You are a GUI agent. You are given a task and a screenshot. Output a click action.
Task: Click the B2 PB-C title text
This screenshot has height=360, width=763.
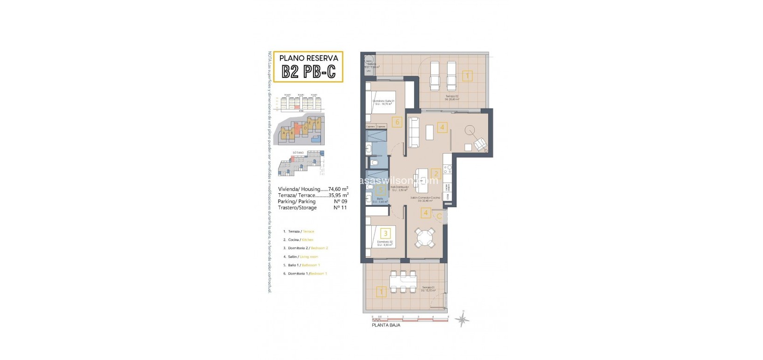(308, 72)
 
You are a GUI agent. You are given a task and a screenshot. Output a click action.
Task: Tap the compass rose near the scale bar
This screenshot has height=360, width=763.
(462, 319)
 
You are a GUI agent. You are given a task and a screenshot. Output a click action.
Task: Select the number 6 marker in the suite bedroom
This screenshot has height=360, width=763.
(396, 122)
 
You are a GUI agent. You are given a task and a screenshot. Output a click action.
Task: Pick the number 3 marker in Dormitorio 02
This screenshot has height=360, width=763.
(385, 233)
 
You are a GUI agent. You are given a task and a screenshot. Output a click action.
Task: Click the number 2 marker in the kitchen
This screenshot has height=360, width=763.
(436, 174)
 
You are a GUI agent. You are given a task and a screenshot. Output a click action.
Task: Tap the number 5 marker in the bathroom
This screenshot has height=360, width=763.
(381, 190)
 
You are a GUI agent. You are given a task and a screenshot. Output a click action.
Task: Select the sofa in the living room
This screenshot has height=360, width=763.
(413, 133)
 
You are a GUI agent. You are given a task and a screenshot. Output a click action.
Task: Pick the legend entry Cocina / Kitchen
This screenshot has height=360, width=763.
(298, 240)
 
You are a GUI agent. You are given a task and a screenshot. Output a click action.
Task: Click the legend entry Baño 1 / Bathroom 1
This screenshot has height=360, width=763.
(301, 265)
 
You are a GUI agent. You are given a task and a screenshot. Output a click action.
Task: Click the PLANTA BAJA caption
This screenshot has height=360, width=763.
(385, 325)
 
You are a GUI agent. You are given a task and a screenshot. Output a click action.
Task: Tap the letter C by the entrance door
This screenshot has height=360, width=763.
(439, 216)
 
